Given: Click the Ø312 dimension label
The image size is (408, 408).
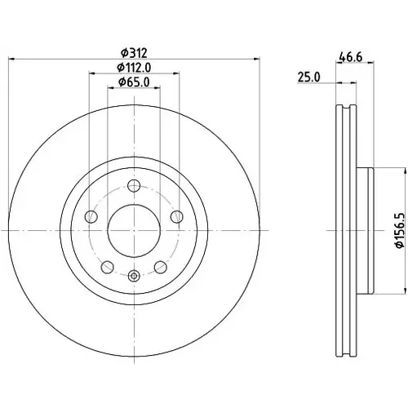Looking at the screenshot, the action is point(134,53).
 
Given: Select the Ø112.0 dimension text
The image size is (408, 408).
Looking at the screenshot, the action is point(134,68).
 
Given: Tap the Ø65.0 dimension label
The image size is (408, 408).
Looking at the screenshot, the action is point(134,82).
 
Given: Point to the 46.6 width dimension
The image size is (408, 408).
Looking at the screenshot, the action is point(351,57).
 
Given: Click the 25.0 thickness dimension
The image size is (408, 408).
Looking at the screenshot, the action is point(309,77).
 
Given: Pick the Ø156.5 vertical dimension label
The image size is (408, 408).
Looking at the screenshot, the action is point(399,231).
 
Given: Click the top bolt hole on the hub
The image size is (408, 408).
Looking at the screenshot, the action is point(134,186).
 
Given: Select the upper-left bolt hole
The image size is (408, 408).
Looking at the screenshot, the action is point(91,216).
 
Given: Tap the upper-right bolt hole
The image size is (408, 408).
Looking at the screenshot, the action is point(177,216).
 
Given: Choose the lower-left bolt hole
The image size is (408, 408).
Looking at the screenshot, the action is point(107,267).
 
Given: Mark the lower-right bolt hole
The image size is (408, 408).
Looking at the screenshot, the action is point(161,267).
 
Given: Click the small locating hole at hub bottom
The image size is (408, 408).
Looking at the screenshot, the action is point(134,276).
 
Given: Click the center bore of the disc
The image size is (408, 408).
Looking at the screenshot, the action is point(134,231).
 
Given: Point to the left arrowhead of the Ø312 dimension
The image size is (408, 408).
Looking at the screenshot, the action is point(11,59).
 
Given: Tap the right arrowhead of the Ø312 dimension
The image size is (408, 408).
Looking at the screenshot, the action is point(257,59).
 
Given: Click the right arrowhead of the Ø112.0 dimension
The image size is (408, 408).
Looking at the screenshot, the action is point(176,73).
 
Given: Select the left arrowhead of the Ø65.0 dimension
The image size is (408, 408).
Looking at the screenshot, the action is point(110,87).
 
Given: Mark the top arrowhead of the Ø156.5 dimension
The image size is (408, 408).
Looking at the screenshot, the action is point(406,171).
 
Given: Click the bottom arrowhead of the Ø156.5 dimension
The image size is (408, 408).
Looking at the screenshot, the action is point(406,290).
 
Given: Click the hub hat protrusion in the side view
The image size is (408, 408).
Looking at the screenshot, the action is point(365,231).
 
